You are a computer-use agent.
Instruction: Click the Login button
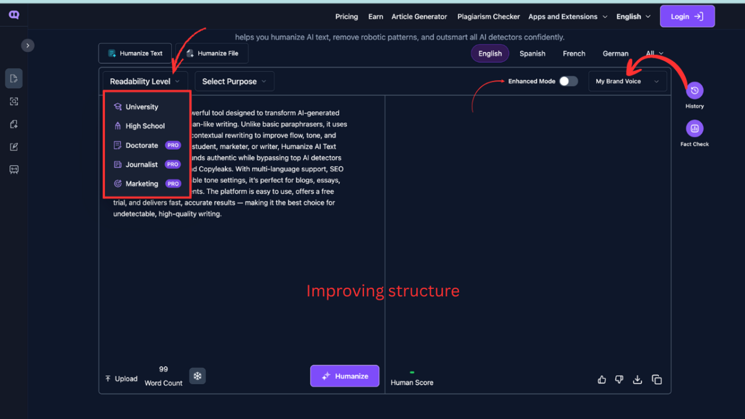(687, 16)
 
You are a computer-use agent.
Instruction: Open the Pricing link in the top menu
(346, 17)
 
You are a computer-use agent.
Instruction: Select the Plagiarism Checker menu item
(488, 17)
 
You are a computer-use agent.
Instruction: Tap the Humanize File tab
(212, 53)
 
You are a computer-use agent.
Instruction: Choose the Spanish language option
(532, 53)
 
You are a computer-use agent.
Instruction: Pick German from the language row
(615, 53)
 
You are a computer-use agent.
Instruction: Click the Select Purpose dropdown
(234, 81)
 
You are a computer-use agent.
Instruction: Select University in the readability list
(142, 107)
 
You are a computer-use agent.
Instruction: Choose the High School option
(145, 126)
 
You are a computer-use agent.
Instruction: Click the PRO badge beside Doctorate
(173, 145)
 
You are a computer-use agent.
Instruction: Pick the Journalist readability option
(142, 164)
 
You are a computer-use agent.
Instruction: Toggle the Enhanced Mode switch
(569, 81)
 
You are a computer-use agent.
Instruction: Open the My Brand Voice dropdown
(628, 81)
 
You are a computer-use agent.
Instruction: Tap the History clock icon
(694, 90)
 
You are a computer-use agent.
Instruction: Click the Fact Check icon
(694, 128)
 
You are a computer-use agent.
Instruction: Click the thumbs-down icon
(619, 380)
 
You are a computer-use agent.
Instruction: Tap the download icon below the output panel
(637, 380)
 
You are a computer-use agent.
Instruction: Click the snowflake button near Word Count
(197, 376)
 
